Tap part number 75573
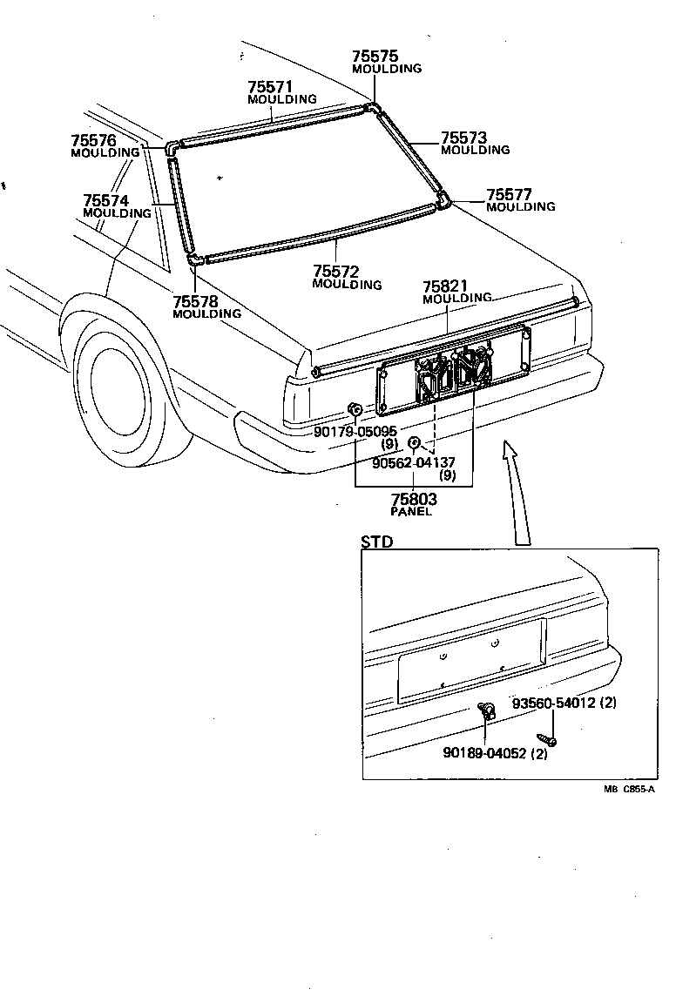(x=463, y=138)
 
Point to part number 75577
(x=509, y=194)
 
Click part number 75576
(x=93, y=140)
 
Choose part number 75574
(x=105, y=200)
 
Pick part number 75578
(x=195, y=301)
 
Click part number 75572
(x=335, y=273)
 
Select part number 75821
(x=445, y=286)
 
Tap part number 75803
(x=414, y=500)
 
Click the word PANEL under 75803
(x=411, y=512)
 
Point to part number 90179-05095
(x=355, y=431)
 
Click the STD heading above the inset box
(x=377, y=542)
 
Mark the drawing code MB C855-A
(x=628, y=789)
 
